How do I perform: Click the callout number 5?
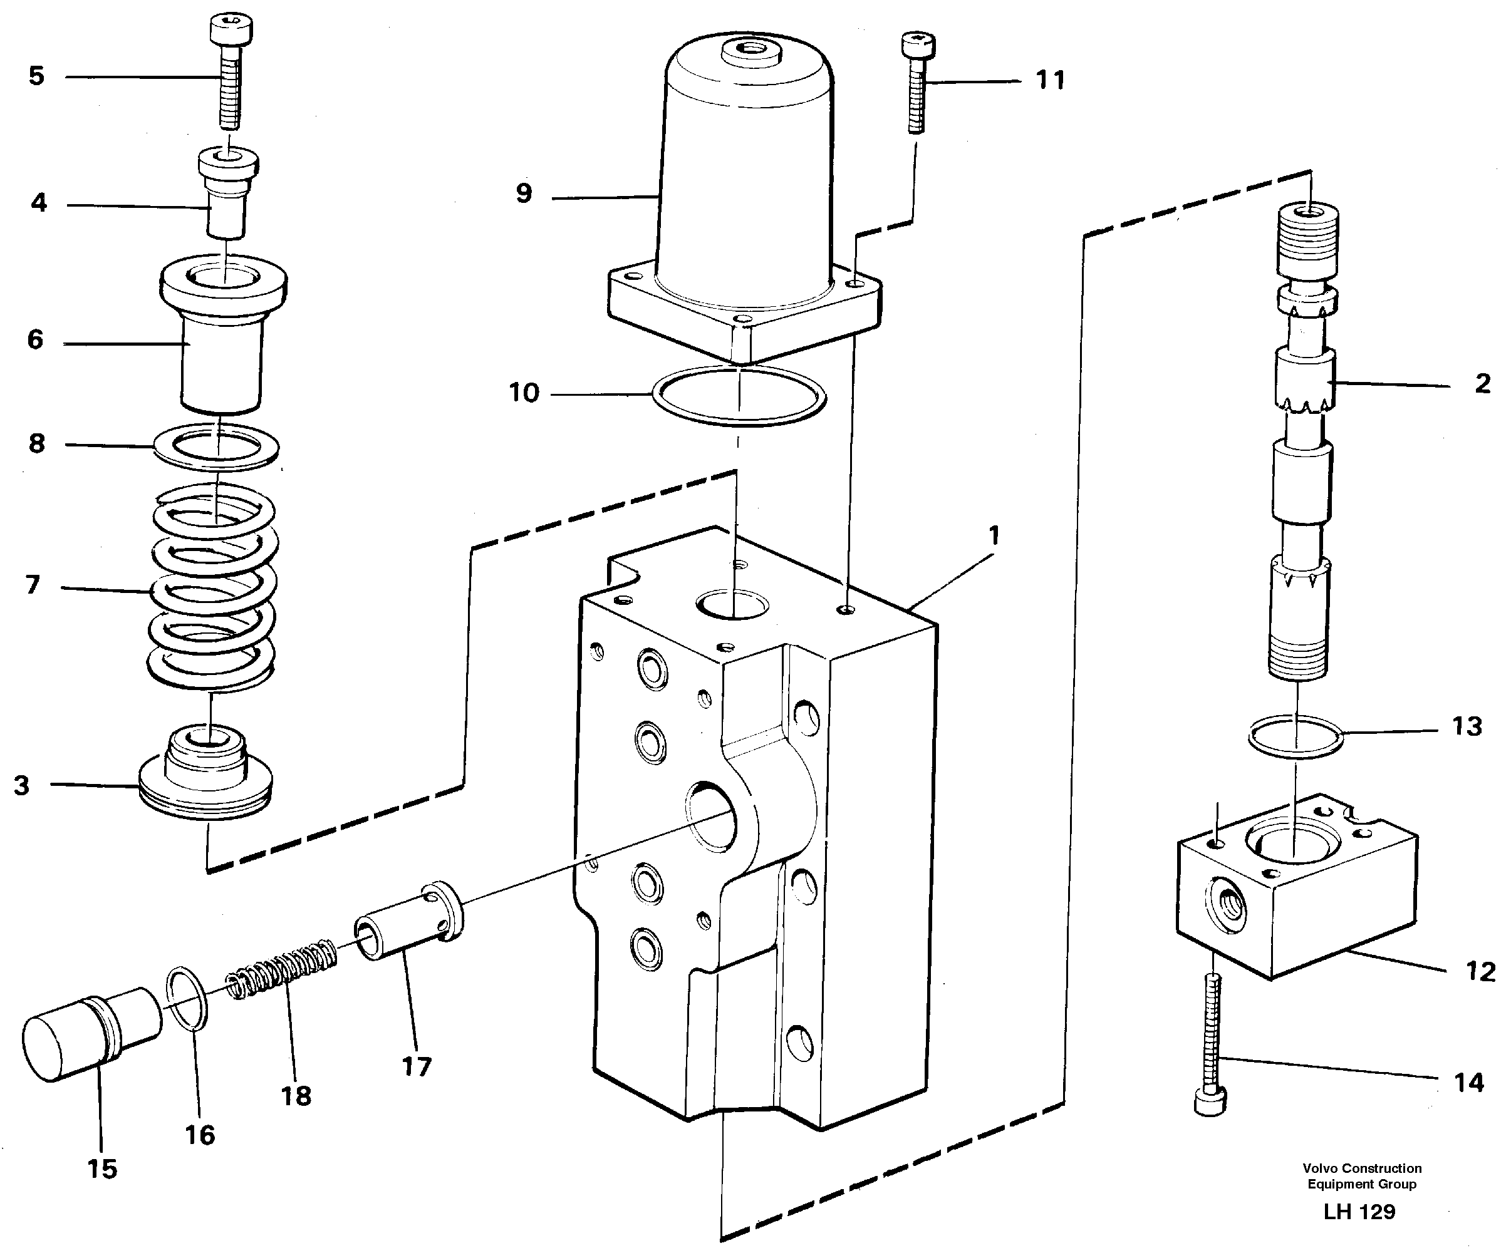[36, 75]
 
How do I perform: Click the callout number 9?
[524, 193]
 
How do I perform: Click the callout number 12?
[1480, 971]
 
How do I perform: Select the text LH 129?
[1359, 1212]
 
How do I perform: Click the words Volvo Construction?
[1361, 1168]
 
